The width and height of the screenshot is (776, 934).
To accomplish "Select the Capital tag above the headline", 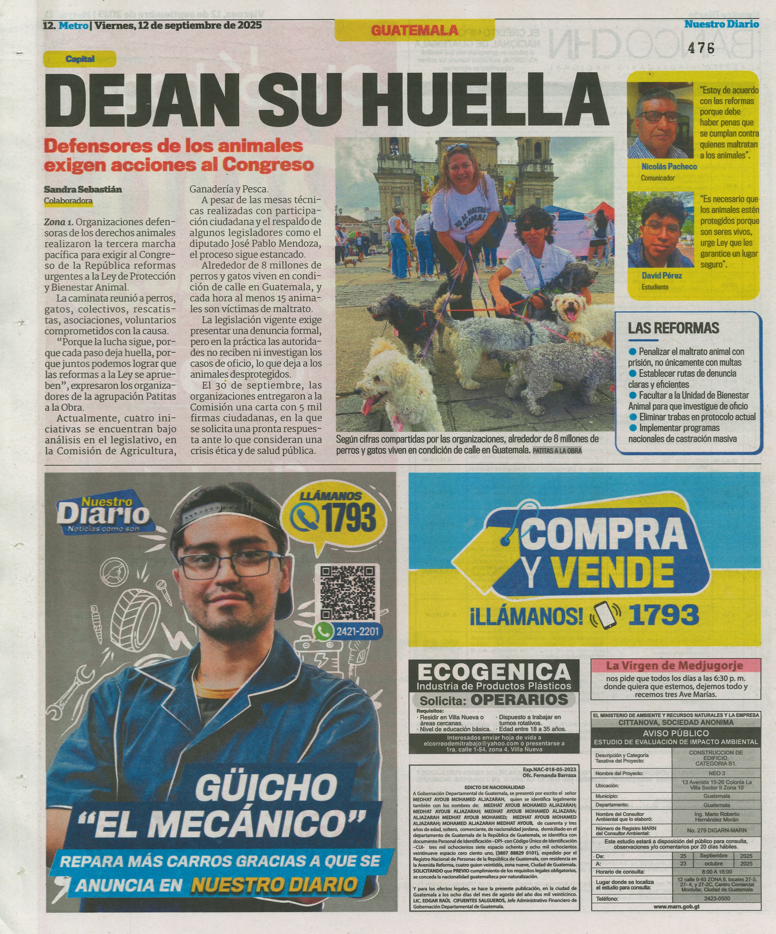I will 80,59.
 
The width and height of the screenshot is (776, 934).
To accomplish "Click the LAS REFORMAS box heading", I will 673,328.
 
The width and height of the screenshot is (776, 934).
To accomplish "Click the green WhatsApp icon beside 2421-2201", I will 324,631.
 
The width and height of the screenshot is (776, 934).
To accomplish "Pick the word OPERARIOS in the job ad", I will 519,700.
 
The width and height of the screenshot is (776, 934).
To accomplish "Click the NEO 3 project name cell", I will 714,773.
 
